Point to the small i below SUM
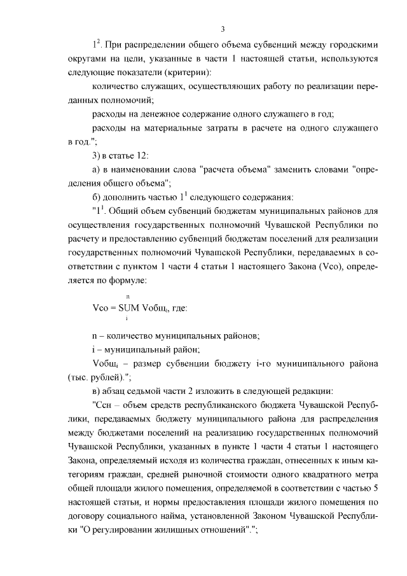click(127, 319)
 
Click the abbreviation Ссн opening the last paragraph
click(104, 404)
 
